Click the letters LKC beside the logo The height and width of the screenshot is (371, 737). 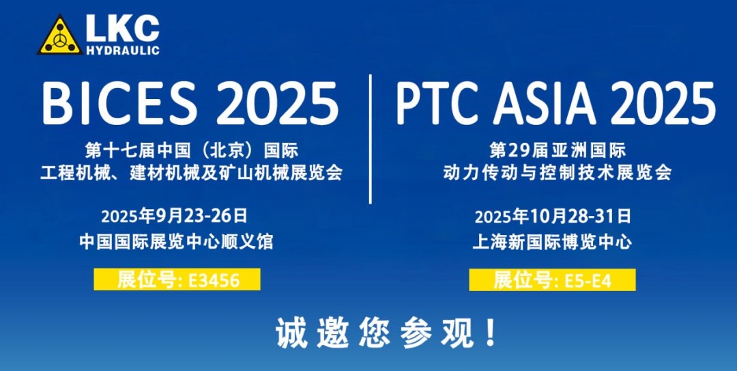(123, 28)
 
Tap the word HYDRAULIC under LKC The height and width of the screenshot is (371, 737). (123, 50)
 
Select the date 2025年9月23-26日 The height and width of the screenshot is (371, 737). (175, 217)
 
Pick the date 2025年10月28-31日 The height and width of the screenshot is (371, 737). (553, 217)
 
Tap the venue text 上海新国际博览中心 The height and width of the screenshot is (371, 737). (552, 241)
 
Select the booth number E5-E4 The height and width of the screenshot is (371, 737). (588, 280)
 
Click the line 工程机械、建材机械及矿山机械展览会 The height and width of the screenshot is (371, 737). (191, 172)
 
